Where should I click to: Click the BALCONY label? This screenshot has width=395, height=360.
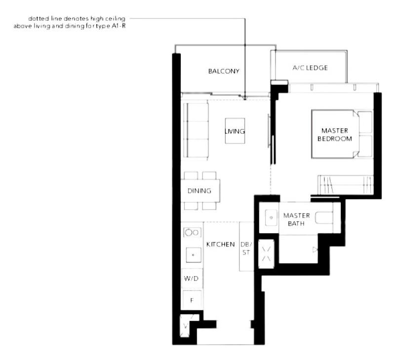[223, 71]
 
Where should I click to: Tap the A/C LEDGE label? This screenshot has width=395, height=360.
[310, 68]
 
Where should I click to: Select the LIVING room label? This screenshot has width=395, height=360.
[235, 131]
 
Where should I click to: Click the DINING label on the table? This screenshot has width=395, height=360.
[199, 191]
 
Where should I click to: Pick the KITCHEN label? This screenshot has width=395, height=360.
[220, 245]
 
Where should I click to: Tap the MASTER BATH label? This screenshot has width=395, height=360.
[296, 219]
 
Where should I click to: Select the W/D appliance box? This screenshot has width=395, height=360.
[191, 279]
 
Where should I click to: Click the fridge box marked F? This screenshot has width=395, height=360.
[192, 299]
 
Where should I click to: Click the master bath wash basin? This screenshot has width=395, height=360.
[271, 217]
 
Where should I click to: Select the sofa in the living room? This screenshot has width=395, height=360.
[196, 131]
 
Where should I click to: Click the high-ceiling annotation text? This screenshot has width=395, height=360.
[74, 22]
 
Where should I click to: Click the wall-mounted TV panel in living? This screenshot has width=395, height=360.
[269, 131]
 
